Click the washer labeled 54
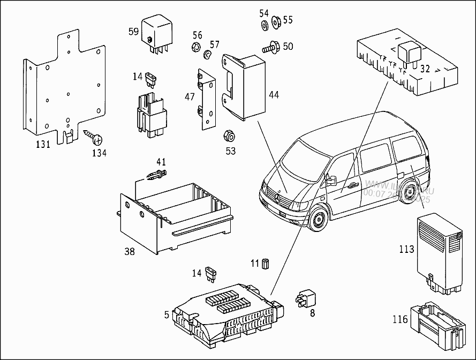pyautogui.click(x=265, y=25)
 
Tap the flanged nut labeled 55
pyautogui.click(x=276, y=22)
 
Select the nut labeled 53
pyautogui.click(x=226, y=134)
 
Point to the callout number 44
pyautogui.click(x=274, y=95)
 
